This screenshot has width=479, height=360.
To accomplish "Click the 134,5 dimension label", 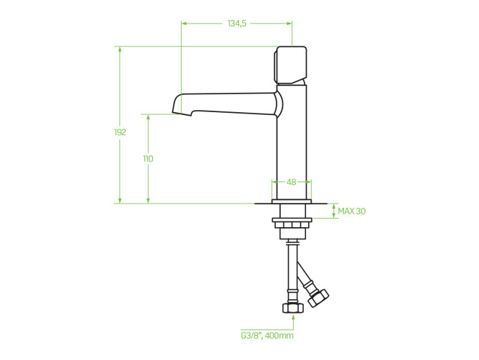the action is coord(237,24).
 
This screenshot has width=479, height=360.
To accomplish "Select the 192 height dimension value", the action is coord(120,132).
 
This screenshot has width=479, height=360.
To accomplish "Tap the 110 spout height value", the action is coord(148,159).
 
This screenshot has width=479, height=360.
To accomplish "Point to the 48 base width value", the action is coord(292,182).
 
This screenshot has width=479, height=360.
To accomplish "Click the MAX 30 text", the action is coord(352,211).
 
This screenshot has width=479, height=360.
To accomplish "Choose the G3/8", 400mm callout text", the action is coord(267,336).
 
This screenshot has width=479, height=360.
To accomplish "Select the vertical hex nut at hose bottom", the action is coord(293,308).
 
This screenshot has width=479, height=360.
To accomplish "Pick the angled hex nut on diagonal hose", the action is coord(318,298).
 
